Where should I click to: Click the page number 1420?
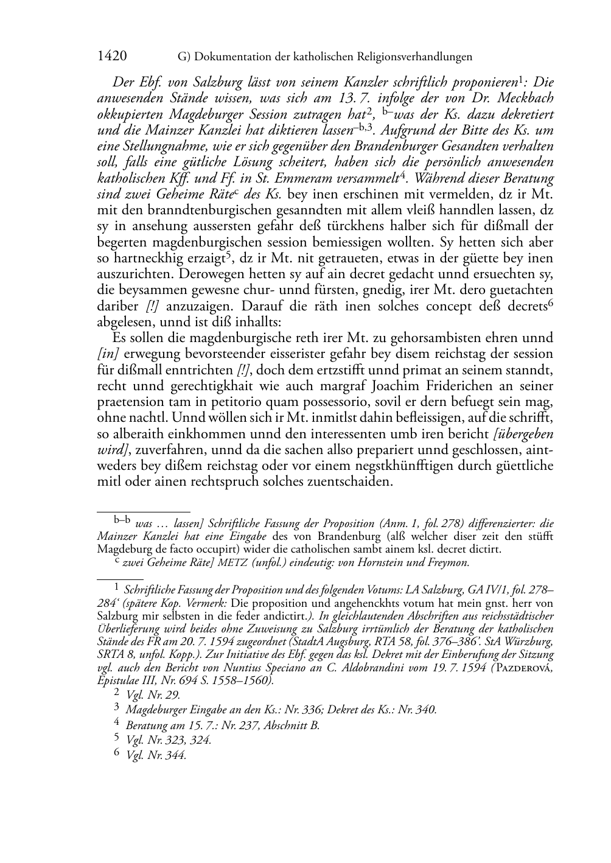pos(112,57)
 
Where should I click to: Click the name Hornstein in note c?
pos(367,562)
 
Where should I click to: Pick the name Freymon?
pos(445,562)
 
